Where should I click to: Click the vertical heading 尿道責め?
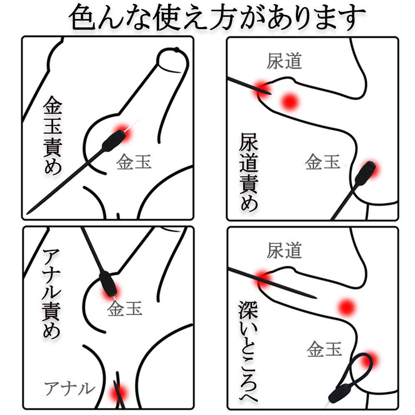coord(249,172)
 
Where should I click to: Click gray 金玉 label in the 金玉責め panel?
coord(134,162)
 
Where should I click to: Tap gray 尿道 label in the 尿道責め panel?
coord(284,61)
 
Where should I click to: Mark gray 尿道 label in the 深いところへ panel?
coord(284,250)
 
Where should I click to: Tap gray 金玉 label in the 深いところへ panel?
coord(325,349)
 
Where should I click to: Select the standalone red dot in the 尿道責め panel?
coord(290,100)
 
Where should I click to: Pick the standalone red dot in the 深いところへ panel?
coord(347,308)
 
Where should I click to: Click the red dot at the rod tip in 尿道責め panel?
coord(261,87)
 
